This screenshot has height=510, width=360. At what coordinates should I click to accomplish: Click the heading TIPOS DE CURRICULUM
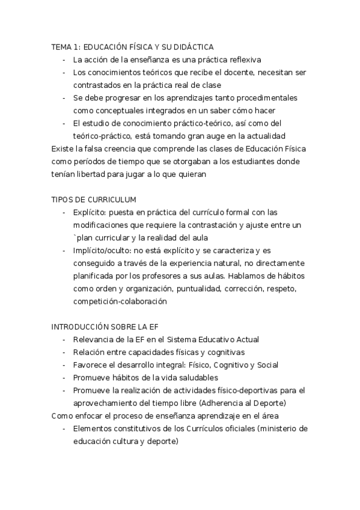(x=94, y=199)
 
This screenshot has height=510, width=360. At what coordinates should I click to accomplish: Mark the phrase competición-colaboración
(x=120, y=301)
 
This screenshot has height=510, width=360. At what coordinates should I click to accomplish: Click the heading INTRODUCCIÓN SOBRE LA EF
(x=105, y=327)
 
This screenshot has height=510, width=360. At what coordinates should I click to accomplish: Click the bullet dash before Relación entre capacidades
(x=64, y=352)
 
